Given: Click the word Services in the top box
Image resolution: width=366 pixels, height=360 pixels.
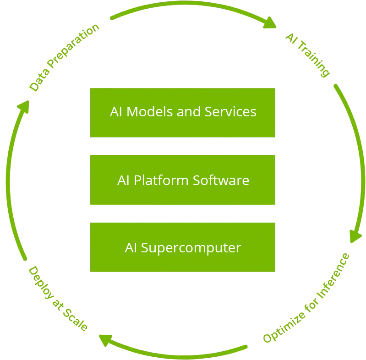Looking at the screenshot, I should click(x=230, y=112).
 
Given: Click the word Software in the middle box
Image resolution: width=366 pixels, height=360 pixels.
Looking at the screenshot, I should click(x=221, y=180).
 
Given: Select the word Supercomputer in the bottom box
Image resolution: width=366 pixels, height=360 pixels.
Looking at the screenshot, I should click(x=191, y=248).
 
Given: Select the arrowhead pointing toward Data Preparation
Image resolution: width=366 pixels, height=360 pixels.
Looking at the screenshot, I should click(x=22, y=106).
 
